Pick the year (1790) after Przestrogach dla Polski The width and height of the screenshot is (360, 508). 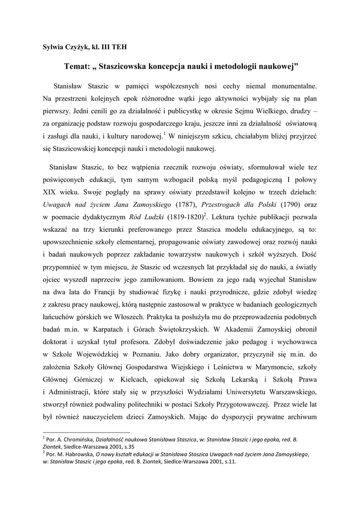[285, 204]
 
